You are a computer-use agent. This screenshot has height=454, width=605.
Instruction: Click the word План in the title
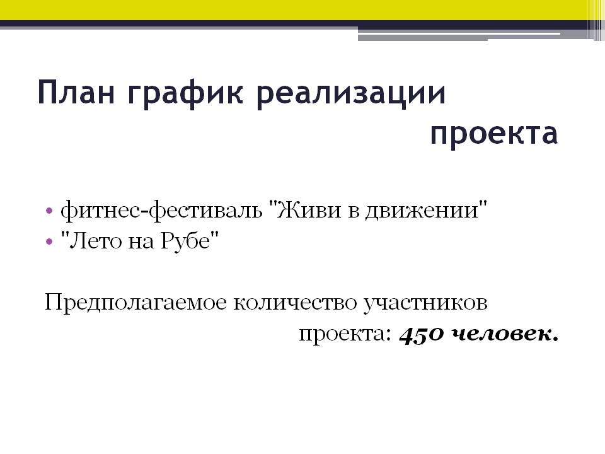(76, 92)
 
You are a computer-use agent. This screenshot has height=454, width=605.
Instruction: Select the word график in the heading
(185, 95)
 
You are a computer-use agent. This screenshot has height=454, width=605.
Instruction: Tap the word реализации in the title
(351, 95)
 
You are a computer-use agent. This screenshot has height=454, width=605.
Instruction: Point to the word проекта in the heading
(494, 135)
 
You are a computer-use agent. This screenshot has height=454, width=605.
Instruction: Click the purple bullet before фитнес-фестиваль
(49, 211)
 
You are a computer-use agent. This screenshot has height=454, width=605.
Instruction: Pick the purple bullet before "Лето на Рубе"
(49, 242)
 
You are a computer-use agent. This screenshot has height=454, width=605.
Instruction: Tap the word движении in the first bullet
(422, 211)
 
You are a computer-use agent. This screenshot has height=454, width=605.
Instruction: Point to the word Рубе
(185, 241)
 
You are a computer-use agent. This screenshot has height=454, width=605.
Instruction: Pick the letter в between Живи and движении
(353, 212)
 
